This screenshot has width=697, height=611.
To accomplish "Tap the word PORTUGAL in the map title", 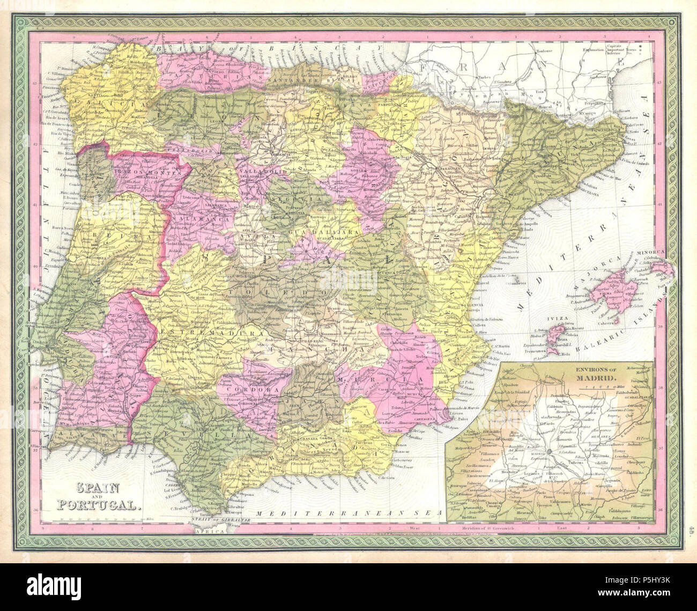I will pyautogui.click(x=100, y=505).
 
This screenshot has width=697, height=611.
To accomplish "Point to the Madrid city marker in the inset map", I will pyautogui.click(x=551, y=453).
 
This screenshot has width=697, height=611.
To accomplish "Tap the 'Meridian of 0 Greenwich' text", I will pyautogui.click(x=488, y=528).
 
